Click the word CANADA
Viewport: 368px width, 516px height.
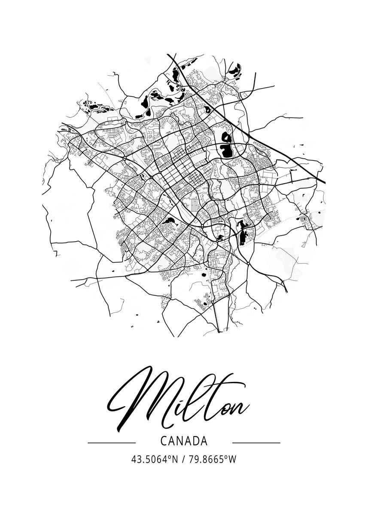184,442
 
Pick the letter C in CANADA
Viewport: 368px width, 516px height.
164,442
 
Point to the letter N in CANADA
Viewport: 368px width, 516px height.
180,442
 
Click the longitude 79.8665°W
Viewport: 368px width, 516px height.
212,460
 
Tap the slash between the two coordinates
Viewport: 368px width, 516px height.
184,460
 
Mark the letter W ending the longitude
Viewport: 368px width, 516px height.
233,460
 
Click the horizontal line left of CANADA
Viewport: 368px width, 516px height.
111,442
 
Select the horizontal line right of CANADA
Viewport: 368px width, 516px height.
256,442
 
